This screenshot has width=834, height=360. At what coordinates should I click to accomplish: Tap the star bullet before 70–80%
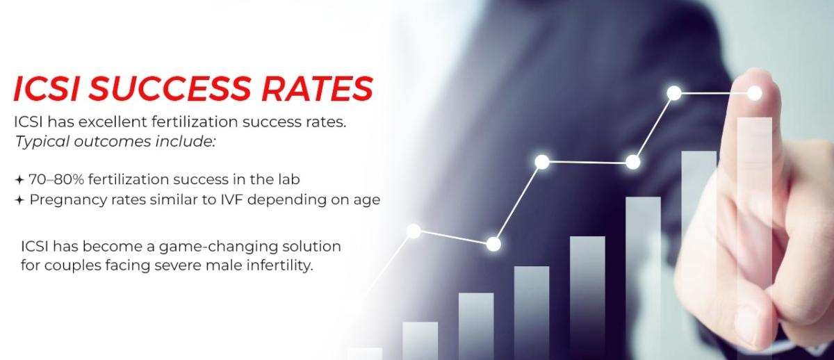19,180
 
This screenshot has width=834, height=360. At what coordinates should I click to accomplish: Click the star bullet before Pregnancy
19,200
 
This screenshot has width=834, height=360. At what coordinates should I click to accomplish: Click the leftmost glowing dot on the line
414,231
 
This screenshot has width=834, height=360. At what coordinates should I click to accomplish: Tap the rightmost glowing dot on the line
755,92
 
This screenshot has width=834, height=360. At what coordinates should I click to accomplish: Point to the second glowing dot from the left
493,244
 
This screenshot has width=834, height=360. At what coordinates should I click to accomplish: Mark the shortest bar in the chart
365,353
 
